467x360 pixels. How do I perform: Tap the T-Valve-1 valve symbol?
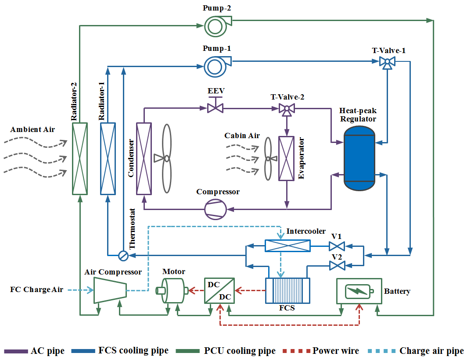(387, 62)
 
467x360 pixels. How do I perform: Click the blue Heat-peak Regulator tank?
(359, 158)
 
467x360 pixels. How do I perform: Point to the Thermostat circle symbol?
(123, 255)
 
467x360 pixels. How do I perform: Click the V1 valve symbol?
(337, 246)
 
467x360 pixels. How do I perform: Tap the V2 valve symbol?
(337, 265)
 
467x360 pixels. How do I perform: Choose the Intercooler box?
(287, 246)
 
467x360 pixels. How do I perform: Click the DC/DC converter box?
(219, 290)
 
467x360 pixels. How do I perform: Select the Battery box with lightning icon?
(359, 290)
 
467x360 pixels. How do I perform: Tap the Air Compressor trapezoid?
(110, 290)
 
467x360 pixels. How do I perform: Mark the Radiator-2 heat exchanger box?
(80, 159)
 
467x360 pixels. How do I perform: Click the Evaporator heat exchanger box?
(287, 159)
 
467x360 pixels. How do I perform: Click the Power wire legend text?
(335, 351)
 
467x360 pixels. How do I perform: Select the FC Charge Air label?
(37, 290)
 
